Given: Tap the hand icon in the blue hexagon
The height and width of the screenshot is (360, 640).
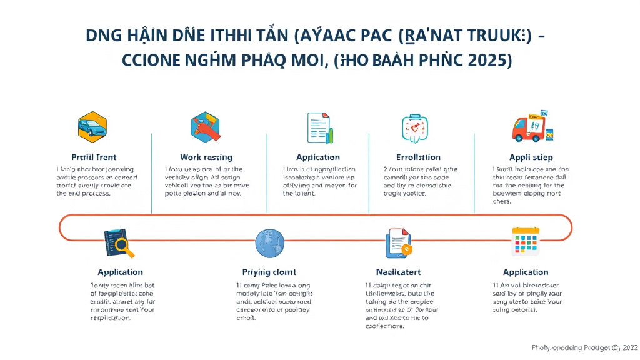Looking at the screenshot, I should [x=206, y=127].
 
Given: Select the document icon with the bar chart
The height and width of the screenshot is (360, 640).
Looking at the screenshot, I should [x=320, y=127].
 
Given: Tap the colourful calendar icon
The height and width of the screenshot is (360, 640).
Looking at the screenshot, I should [x=525, y=242].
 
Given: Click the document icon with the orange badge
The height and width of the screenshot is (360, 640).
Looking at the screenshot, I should [x=398, y=244].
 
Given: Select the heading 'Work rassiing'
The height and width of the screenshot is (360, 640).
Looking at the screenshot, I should [x=206, y=157].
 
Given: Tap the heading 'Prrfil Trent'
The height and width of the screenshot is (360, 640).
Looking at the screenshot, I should [x=94, y=157].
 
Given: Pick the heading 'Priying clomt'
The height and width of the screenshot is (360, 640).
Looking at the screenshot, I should [x=269, y=272].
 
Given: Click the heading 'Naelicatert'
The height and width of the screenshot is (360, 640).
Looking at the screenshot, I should [x=398, y=272].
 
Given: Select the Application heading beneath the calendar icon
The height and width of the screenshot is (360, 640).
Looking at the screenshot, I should [x=525, y=272].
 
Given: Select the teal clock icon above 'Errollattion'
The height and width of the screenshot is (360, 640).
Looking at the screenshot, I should [x=414, y=127].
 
